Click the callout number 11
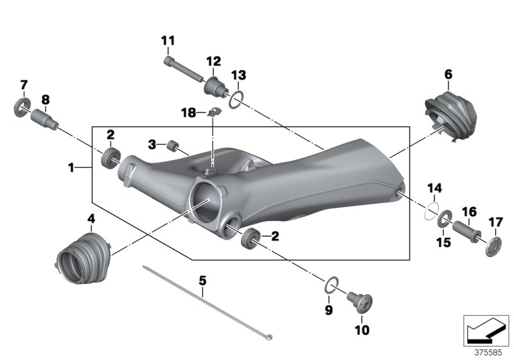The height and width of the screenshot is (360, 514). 168,40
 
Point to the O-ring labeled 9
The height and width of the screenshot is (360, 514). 330,284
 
